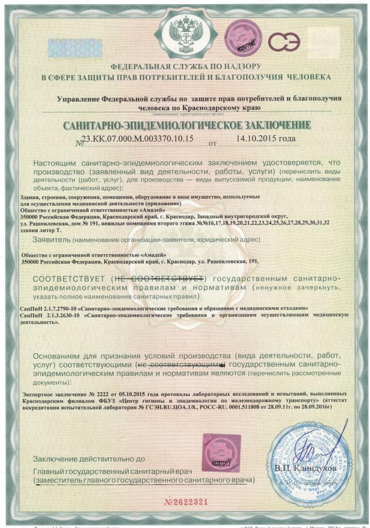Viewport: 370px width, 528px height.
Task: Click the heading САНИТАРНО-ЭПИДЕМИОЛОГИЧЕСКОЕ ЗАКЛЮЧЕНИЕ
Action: click(x=187, y=125)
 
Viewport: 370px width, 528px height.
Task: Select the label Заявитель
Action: click(x=51, y=240)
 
